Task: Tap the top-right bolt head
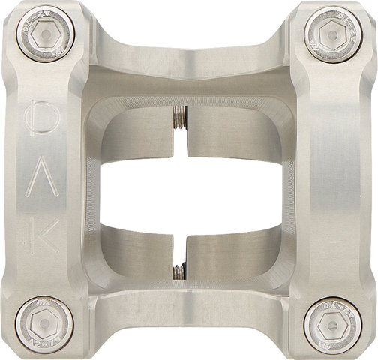tap(334, 34)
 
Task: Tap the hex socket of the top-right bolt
tap(334, 34)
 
